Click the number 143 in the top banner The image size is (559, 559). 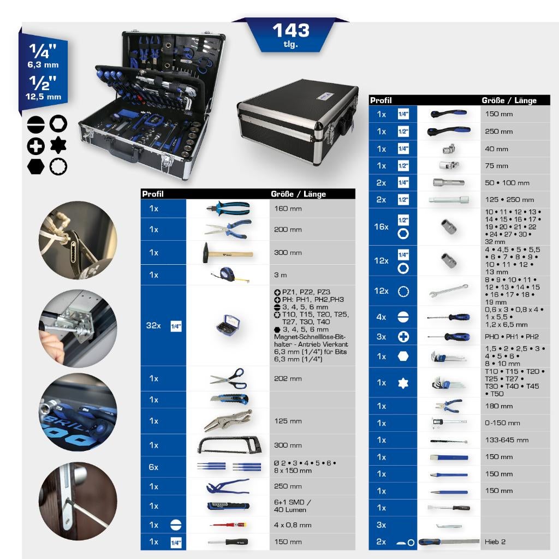(290, 30)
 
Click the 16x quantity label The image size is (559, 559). (381, 227)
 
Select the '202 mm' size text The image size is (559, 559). (288, 378)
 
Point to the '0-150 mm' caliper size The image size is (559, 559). (502, 423)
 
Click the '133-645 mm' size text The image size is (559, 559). (507, 440)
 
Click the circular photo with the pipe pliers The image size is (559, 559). (78, 240)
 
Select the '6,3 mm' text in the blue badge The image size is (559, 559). (43, 64)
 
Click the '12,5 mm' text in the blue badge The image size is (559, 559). (43, 97)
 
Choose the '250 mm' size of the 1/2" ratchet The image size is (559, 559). (499, 132)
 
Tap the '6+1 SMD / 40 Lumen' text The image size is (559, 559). (290, 506)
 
